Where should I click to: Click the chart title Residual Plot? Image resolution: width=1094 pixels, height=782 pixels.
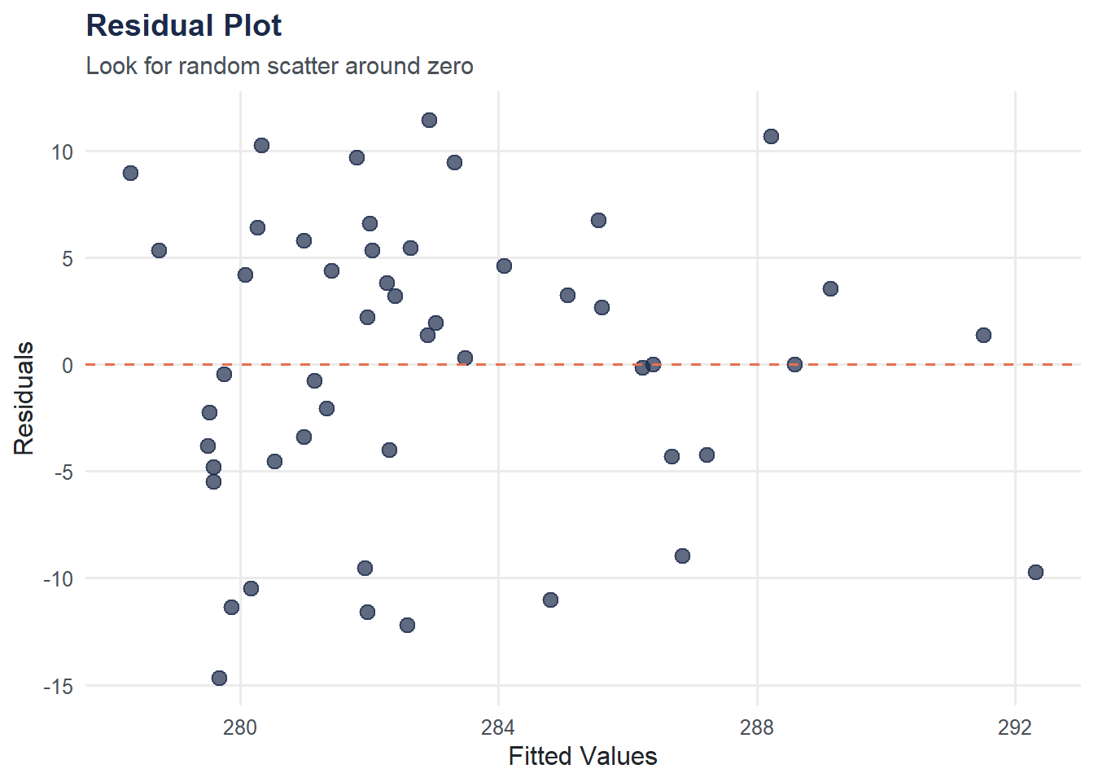pos(184,26)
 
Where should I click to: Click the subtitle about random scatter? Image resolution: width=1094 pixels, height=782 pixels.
pos(279,66)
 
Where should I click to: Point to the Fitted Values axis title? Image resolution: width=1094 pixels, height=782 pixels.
pos(582,756)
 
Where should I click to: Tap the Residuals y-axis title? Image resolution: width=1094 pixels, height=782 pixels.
pos(24,398)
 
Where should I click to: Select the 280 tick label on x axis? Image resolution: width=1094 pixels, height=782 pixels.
pos(239,727)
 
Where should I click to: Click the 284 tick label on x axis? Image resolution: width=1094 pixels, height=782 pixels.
pos(498,727)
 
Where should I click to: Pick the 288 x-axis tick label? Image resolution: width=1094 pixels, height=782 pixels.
pos(756,727)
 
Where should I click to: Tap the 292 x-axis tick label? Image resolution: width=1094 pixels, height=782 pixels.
pos(1014,727)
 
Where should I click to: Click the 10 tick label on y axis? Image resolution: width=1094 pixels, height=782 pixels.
pos(62,152)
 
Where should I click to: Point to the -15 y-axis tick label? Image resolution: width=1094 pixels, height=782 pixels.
pos(59,687)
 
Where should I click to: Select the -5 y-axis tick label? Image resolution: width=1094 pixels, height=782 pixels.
pos(62,472)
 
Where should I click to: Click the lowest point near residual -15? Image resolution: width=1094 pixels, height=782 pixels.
pos(219,678)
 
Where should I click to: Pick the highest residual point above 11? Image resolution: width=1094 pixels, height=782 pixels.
pos(429,121)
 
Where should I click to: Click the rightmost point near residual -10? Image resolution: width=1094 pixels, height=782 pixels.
pos(1035,572)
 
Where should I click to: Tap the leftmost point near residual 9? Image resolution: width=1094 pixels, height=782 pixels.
pos(130,173)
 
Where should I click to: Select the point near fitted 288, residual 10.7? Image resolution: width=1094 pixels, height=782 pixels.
pos(771,136)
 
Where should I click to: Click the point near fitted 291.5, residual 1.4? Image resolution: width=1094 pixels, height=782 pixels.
pos(983,335)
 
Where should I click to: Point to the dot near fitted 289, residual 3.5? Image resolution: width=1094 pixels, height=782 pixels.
pos(830,288)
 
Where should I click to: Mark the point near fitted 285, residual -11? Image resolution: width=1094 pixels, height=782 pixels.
pos(550,600)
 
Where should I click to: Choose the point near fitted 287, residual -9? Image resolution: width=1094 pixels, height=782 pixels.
pos(682,556)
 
